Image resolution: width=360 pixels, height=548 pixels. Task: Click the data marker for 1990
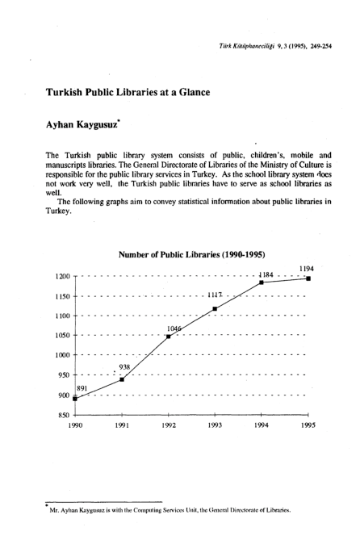(x=75, y=398)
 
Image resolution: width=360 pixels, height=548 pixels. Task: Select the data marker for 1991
(x=122, y=379)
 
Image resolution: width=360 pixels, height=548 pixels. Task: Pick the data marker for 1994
(x=262, y=282)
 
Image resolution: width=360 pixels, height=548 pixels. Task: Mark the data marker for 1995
(x=308, y=278)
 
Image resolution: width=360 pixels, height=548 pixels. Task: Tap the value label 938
(x=123, y=367)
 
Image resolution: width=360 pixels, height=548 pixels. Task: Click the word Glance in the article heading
(x=190, y=93)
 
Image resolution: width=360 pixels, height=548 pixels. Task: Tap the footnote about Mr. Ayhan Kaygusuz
(x=173, y=510)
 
